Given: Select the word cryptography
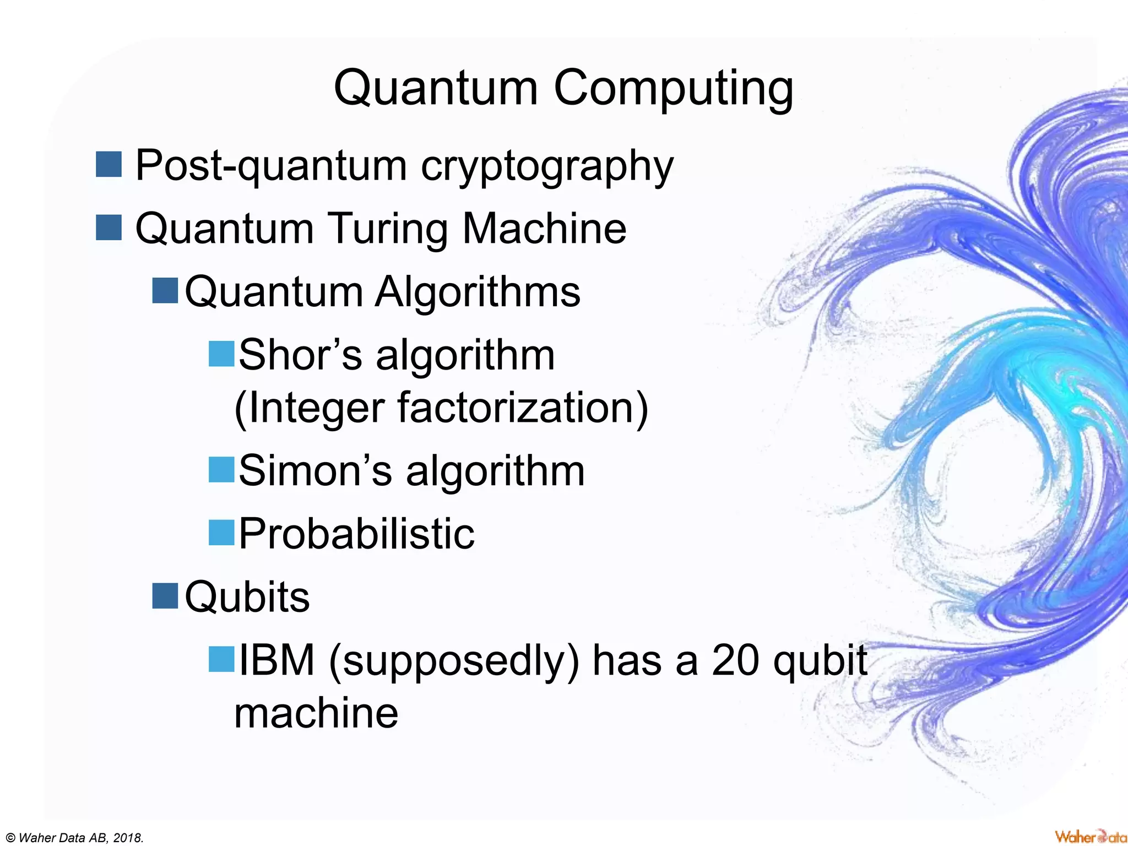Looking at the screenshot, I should point(547,166).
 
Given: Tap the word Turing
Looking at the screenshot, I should point(388,229).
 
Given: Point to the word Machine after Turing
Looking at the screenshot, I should point(544,228).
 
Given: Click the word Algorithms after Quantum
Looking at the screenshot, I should point(478,291).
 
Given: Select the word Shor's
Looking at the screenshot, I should point(301,355).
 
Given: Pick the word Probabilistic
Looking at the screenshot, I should point(356,534).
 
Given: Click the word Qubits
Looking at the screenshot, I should point(247,597).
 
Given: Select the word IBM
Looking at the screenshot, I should point(276,660).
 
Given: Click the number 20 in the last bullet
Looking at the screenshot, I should point(736,660).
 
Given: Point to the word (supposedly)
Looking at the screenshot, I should point(454,661).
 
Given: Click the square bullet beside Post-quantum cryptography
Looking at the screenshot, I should point(109,165).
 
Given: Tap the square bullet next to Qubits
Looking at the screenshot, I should point(165,596).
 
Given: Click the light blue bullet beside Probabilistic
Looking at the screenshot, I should point(222,533).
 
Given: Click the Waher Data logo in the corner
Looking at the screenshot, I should point(1090,837).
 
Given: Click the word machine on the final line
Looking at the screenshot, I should point(316,713).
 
